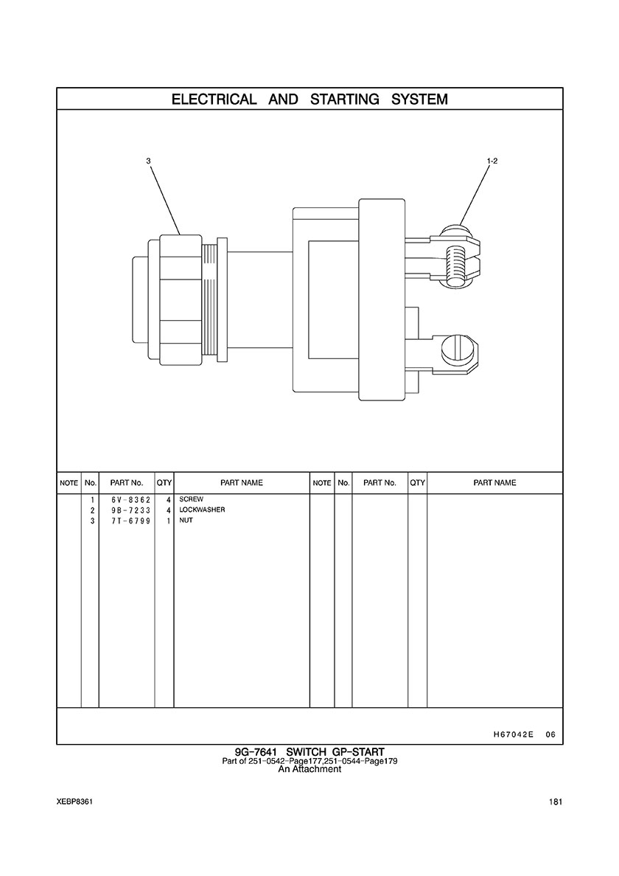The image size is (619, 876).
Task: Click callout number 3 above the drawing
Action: [148, 161]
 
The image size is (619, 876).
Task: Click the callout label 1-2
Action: [492, 161]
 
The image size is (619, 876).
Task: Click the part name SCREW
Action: [192, 499]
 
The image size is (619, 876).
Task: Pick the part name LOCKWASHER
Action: [202, 510]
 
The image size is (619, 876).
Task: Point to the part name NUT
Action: [186, 520]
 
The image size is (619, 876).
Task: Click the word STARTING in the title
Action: [344, 100]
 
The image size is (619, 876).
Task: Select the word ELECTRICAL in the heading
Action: [214, 100]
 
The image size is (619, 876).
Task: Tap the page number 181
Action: [556, 802]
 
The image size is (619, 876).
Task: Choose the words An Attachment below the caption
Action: [309, 769]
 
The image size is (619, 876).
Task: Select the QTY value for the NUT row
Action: [168, 521]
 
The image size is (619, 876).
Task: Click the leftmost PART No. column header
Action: [127, 483]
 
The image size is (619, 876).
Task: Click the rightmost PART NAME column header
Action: [494, 483]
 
